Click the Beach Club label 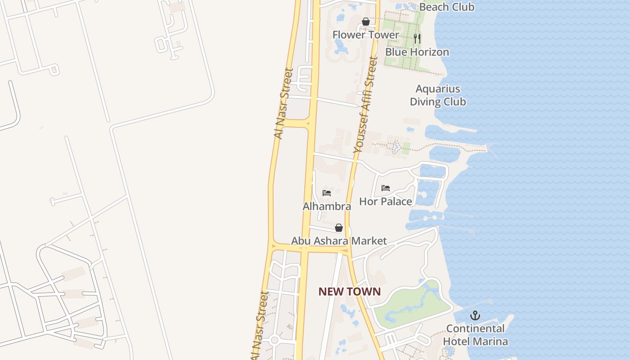click(x=446, y=7)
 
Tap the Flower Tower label click(x=365, y=35)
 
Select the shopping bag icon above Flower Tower click(x=366, y=22)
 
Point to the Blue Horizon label click(x=417, y=52)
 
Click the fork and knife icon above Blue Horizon click(x=417, y=39)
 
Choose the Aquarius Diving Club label click(x=437, y=95)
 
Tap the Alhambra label click(x=327, y=207)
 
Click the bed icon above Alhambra click(x=327, y=193)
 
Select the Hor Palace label click(x=385, y=202)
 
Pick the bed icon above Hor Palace click(x=386, y=188)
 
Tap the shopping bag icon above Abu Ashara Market click(x=339, y=228)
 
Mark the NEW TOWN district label click(x=350, y=292)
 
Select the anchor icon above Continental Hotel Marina click(x=475, y=315)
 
